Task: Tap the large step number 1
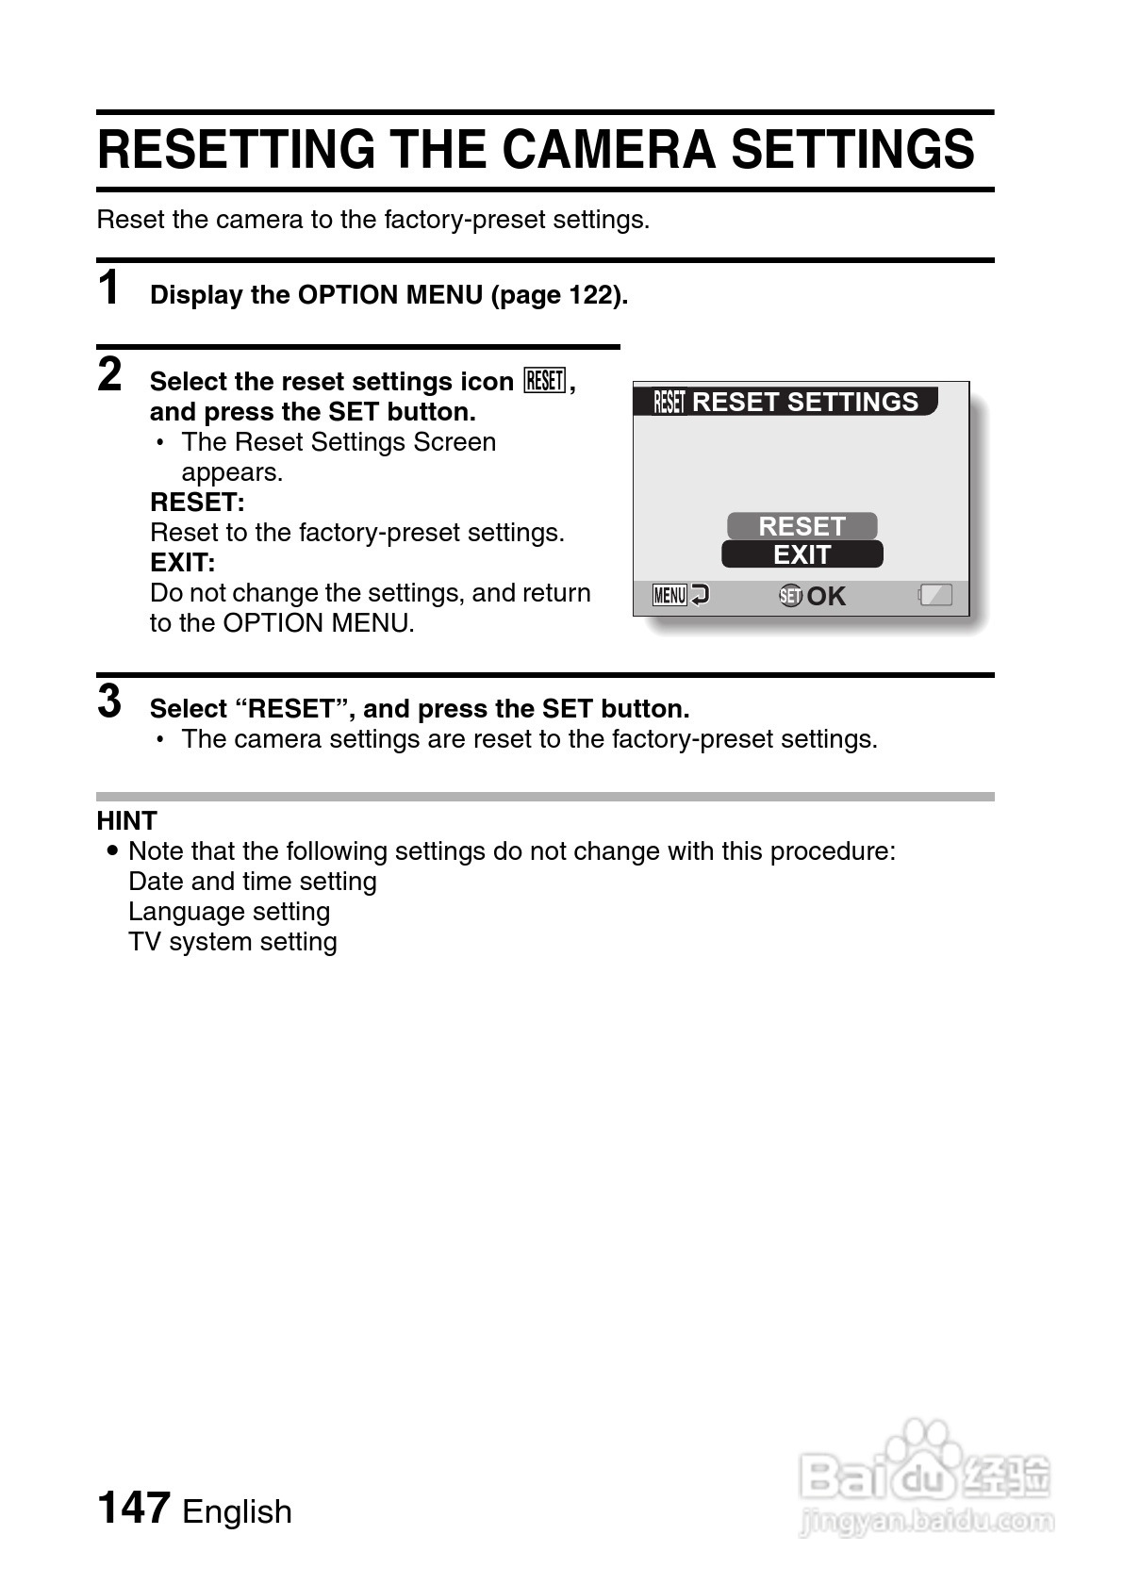(x=110, y=288)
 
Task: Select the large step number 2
(x=110, y=374)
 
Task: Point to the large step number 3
(x=110, y=701)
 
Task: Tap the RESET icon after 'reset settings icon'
(x=545, y=381)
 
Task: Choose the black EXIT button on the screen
(x=802, y=554)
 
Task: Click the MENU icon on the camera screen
(x=669, y=596)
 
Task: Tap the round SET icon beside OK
(x=790, y=596)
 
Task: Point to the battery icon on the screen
(x=935, y=595)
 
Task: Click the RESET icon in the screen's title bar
(x=669, y=403)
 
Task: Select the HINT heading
(x=127, y=820)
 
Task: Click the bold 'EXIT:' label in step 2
(x=183, y=563)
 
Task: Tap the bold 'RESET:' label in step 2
(x=197, y=503)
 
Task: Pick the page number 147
(x=134, y=1507)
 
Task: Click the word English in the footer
(x=237, y=1511)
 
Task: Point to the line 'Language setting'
(x=229, y=912)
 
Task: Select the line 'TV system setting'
(x=233, y=942)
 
